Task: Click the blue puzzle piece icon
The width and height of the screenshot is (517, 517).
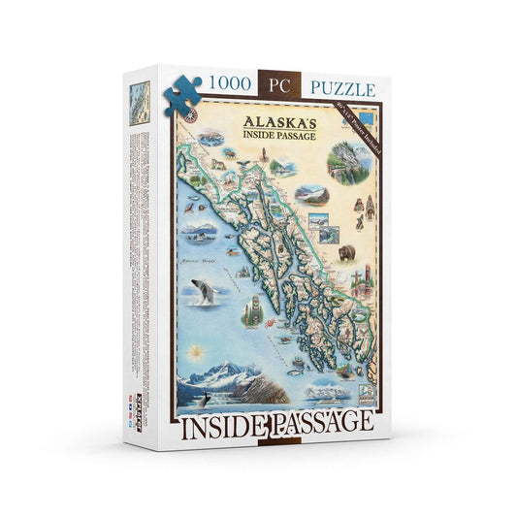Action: coord(182,93)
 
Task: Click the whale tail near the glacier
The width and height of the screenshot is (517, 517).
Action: coord(206,398)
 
